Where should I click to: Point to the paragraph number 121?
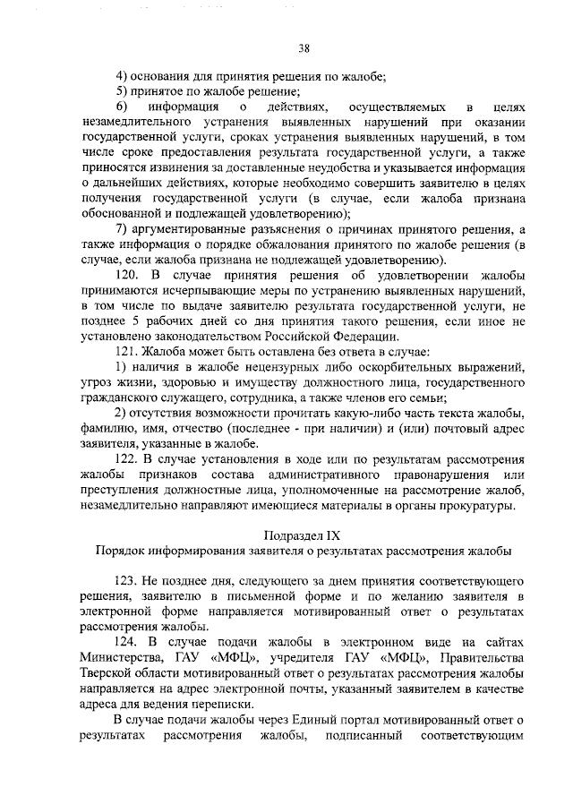coord(128,351)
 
